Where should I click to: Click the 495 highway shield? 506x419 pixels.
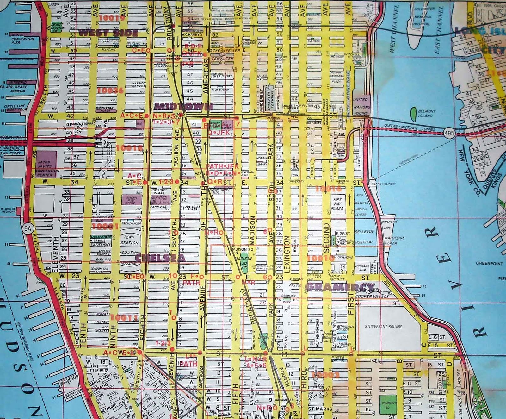[449, 133]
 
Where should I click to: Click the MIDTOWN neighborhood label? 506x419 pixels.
[183, 106]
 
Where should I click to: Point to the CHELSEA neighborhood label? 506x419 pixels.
[160, 258]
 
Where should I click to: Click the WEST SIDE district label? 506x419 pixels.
[108, 33]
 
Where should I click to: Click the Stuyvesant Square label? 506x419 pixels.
[383, 327]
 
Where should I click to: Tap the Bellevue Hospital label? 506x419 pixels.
[364, 237]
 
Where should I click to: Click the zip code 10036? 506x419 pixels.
[110, 91]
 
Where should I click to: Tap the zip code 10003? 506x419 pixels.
[328, 375]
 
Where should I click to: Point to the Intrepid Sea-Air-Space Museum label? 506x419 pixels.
[18, 87]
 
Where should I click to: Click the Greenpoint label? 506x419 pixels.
[489, 263]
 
